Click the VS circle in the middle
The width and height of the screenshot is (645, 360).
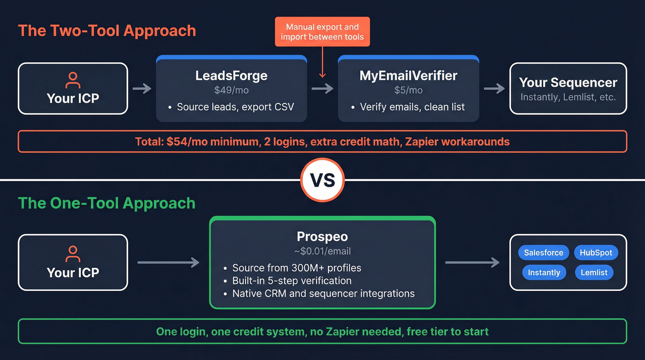point(322,180)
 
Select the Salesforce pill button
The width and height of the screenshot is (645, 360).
point(544,253)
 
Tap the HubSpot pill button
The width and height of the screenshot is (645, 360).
point(596,253)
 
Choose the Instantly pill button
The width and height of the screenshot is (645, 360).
point(544,272)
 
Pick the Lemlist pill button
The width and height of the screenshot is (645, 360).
point(594,272)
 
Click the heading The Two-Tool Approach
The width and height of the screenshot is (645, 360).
point(107,30)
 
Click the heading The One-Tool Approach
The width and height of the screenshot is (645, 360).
point(106,203)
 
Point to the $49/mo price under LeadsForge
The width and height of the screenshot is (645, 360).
point(231,90)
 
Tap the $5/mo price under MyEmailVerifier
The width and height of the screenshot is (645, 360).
point(408,90)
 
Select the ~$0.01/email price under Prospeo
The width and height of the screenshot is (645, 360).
point(322,251)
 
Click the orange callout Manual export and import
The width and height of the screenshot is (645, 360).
point(322,32)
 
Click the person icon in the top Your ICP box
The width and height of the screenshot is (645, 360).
point(73,80)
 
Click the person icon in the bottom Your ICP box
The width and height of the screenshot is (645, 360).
point(73,254)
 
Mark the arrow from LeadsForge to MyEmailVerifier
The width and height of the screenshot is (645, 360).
point(322,89)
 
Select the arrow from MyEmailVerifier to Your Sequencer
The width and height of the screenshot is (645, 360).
point(494,89)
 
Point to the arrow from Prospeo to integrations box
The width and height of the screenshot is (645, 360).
point(472,263)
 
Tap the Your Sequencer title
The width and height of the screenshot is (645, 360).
point(568,83)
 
